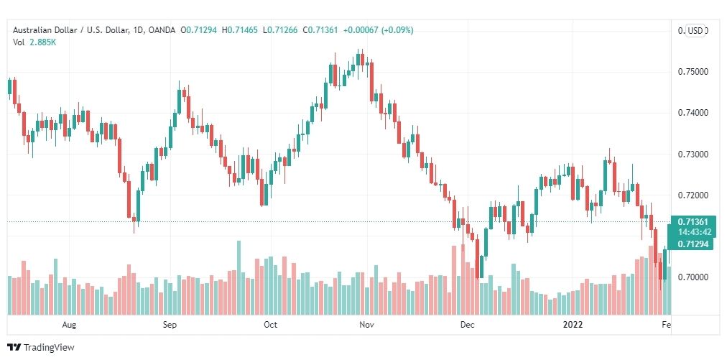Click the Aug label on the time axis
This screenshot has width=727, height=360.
pos(69,324)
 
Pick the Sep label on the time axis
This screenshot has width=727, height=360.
pos(170,324)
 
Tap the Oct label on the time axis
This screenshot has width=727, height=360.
pos(270,324)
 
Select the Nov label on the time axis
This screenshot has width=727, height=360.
pos(367,324)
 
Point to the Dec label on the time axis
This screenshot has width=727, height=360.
pos(468,324)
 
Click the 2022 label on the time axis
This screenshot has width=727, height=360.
pos(573,324)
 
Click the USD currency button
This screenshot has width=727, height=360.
pos(695,30)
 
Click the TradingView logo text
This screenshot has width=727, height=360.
pos(48,348)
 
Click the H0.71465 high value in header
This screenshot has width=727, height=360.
pos(241,30)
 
